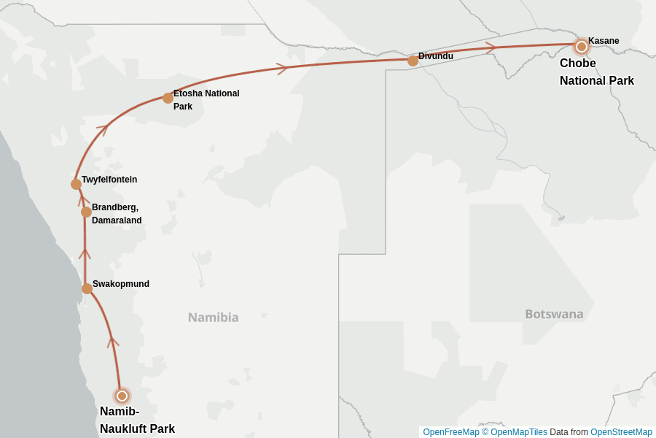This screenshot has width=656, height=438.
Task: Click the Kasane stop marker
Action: (x=581, y=47)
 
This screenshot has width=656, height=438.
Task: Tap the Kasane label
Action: (x=604, y=41)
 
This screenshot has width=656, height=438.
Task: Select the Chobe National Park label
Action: (x=596, y=72)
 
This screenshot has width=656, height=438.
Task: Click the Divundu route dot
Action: (x=413, y=61)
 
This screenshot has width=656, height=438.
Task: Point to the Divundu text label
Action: (x=436, y=56)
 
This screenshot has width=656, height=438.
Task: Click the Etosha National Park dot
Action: (x=168, y=98)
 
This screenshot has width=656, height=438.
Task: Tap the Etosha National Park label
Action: (x=206, y=100)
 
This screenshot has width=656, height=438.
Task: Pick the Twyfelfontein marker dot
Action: (x=76, y=184)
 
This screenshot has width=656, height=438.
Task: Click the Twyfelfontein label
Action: (x=109, y=180)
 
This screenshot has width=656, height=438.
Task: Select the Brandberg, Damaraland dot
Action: (x=86, y=212)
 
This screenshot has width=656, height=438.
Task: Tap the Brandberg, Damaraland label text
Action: (x=117, y=214)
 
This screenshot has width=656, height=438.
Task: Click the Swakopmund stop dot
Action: (x=87, y=288)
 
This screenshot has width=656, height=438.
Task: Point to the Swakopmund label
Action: (x=121, y=284)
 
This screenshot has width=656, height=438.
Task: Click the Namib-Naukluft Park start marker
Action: (x=122, y=396)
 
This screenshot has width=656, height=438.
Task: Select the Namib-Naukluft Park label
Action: (x=137, y=420)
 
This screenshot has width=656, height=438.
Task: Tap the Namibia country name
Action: (x=213, y=318)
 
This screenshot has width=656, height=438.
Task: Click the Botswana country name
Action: (x=554, y=314)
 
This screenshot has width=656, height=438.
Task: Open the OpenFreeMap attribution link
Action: (x=451, y=432)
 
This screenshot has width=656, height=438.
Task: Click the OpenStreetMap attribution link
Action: (x=621, y=432)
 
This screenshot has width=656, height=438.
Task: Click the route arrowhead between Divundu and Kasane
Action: (x=491, y=47)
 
